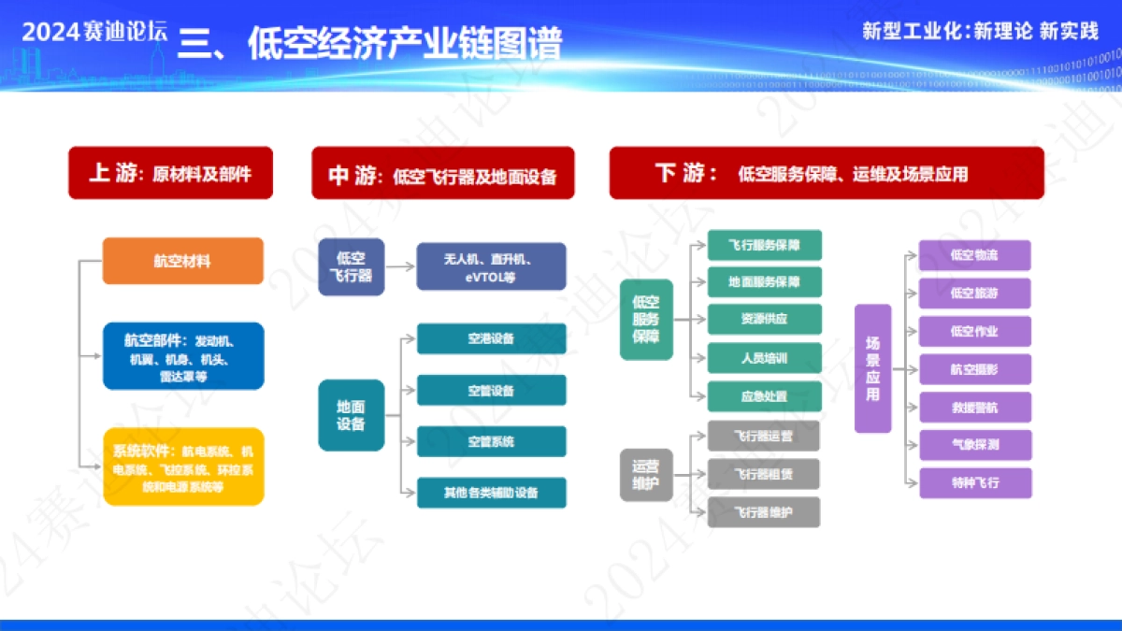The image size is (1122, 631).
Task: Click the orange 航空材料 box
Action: (183, 261)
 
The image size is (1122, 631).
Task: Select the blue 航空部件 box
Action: (183, 356)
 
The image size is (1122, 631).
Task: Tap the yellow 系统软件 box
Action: (183, 467)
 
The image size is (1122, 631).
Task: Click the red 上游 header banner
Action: (170, 173)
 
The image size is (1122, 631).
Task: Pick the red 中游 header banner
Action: (443, 174)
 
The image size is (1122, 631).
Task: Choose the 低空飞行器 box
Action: (352, 266)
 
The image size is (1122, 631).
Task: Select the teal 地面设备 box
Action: (352, 415)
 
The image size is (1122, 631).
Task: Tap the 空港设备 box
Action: (491, 338)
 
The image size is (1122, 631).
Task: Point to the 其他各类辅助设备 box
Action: (491, 493)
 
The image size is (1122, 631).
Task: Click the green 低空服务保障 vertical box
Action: (646, 319)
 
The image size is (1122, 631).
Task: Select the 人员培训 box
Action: (764, 358)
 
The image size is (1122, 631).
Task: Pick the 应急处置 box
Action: (764, 396)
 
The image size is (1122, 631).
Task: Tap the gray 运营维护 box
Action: (646, 474)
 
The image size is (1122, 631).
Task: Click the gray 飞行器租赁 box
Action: (764, 474)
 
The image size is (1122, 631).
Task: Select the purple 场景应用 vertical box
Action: (872, 368)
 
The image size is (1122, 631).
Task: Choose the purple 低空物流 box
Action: (974, 255)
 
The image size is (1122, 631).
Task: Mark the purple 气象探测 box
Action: (974, 445)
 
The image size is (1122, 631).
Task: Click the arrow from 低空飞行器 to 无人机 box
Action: (400, 266)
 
